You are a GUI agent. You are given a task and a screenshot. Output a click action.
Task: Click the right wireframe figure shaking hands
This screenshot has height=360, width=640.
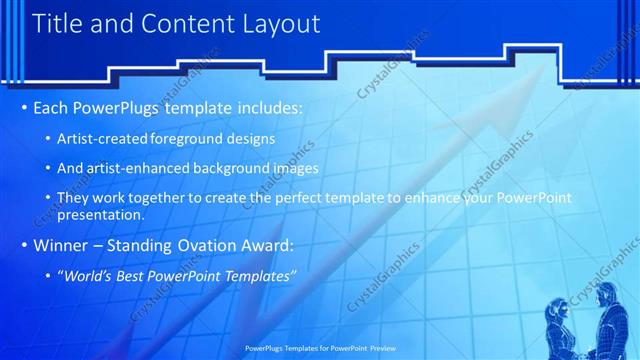pos(608,318)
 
